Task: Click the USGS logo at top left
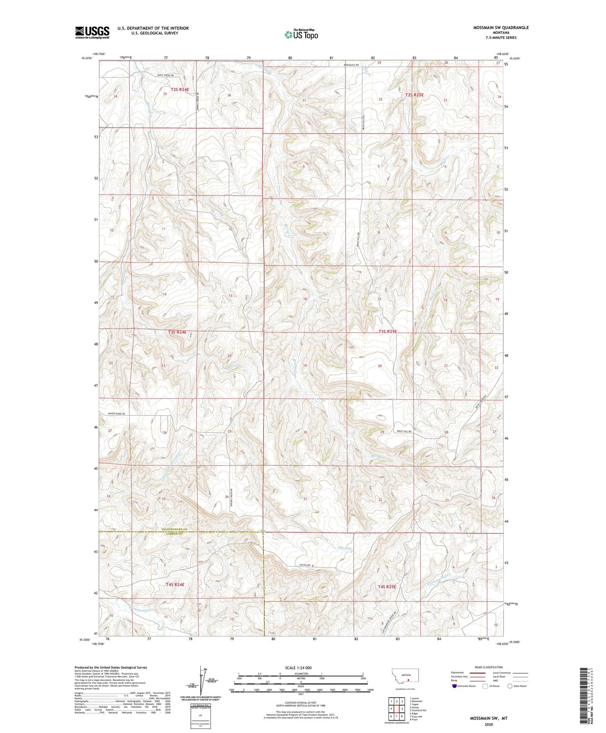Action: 92,32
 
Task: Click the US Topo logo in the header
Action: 301,35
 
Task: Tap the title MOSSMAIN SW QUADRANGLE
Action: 501,27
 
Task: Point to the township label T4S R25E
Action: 387,586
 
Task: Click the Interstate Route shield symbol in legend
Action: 455,686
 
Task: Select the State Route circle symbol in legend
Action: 510,686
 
